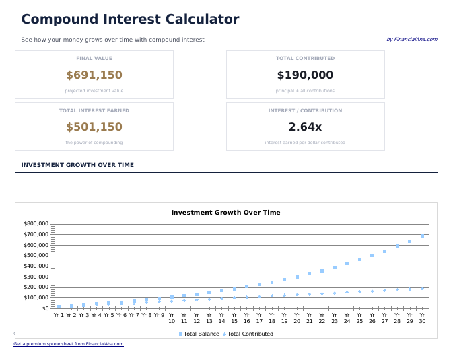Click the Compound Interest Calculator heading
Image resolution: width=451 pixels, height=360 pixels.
(130, 20)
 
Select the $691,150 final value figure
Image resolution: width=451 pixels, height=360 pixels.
(94, 75)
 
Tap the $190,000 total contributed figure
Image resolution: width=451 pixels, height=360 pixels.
(305, 75)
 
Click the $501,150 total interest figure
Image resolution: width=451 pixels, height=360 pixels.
(94, 127)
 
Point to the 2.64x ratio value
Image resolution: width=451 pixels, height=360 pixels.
(305, 127)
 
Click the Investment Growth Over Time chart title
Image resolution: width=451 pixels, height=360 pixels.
(225, 213)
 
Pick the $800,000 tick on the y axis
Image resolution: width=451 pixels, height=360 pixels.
(36, 223)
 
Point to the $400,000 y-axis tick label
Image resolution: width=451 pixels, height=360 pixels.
(36, 266)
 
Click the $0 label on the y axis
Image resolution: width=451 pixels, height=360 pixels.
(45, 308)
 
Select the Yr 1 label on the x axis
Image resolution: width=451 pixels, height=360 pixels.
(59, 315)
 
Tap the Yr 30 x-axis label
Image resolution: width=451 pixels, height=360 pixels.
(422, 318)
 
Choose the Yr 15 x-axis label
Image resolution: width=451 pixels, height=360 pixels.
(234, 318)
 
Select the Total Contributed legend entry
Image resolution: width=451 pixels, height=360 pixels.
(250, 334)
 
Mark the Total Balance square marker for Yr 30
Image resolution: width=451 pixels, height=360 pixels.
(422, 236)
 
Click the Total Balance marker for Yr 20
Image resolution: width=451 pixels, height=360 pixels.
(297, 277)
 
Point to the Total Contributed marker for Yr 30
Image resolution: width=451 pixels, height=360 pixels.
(422, 288)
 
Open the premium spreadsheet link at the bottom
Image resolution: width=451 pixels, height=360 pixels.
(69, 344)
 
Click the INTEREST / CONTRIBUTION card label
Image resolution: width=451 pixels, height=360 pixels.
(305, 110)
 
